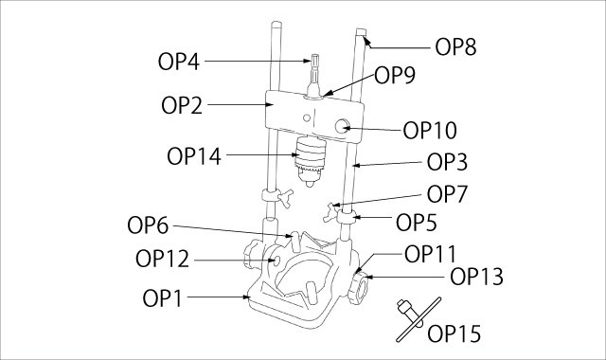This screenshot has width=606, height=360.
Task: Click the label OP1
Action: pos(163,298)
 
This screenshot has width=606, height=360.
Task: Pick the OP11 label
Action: pos(430,253)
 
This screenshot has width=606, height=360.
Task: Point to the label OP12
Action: pos(161,258)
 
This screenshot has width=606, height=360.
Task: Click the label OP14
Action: pos(193,154)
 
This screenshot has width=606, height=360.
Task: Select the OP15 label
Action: pos(454,333)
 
